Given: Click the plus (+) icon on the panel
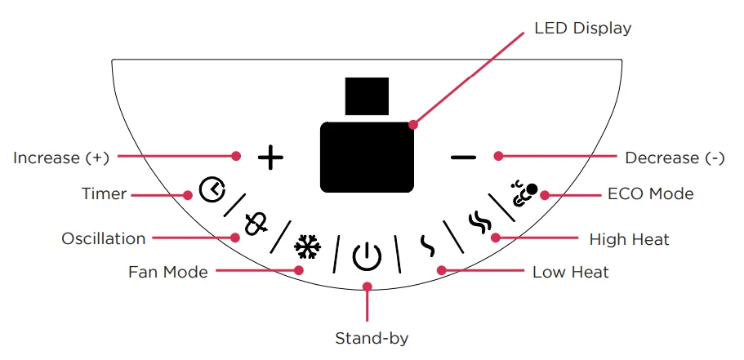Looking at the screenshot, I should [271, 156].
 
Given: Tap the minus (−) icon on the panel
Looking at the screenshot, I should [462, 156].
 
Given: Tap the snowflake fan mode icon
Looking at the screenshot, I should [307, 247].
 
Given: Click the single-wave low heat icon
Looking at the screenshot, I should [425, 245].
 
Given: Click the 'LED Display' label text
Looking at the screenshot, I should [582, 29].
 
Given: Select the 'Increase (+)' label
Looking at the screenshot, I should [61, 158].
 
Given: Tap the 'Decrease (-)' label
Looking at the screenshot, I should [675, 158].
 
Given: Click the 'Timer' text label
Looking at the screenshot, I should [104, 194].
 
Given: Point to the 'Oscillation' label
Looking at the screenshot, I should [104, 239].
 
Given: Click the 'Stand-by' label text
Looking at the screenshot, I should [372, 337].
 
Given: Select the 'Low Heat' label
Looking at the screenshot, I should [571, 272].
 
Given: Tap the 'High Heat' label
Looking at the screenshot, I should [629, 239].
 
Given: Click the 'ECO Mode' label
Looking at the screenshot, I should [651, 194].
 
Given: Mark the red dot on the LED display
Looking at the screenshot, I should [413, 125].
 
